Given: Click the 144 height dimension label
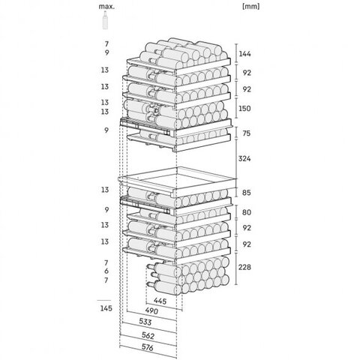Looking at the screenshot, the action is pyautogui.click(x=244, y=54).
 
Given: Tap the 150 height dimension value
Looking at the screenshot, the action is pyautogui.click(x=244, y=108).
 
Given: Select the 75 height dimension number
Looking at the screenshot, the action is pyautogui.click(x=246, y=133).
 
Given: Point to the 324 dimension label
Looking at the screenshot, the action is pyautogui.click(x=244, y=158).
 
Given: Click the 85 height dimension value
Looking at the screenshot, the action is pyautogui.click(x=246, y=193).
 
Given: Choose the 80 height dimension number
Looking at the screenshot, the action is pyautogui.click(x=247, y=212).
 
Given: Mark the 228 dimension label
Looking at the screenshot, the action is pyautogui.click(x=244, y=267).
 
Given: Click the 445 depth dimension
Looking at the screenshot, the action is pyautogui.click(x=160, y=301).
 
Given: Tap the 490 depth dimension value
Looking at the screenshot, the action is pyautogui.click(x=151, y=311).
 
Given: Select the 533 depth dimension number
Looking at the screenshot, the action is pyautogui.click(x=145, y=322).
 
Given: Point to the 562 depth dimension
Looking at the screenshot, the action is pyautogui.click(x=148, y=335).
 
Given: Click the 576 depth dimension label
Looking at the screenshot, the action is pyautogui.click(x=148, y=347).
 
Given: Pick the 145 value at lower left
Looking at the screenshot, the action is pyautogui.click(x=106, y=308).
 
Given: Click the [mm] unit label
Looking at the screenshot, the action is pyautogui.click(x=251, y=7).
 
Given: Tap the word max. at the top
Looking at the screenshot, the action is pyautogui.click(x=106, y=7).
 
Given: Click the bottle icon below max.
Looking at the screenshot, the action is pyautogui.click(x=105, y=20).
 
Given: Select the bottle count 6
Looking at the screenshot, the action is pyautogui.click(x=106, y=271).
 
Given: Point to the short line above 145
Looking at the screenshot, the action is pyautogui.click(x=104, y=300).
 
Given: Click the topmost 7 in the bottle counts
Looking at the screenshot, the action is pyautogui.click(x=106, y=44).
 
